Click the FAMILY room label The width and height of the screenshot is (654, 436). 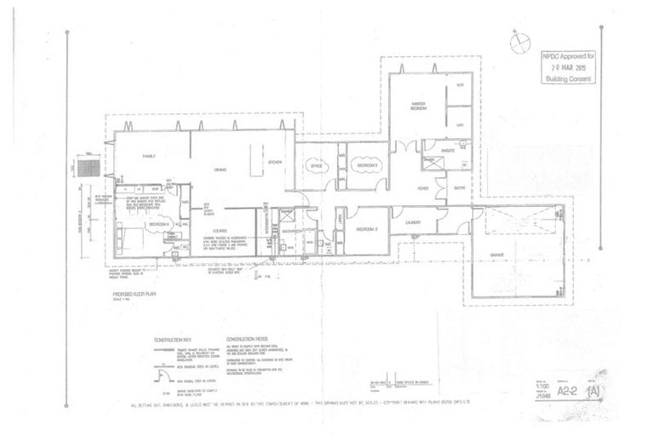point(150,158)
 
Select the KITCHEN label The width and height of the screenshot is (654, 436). point(274,162)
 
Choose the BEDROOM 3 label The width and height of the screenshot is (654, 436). point(366,230)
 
